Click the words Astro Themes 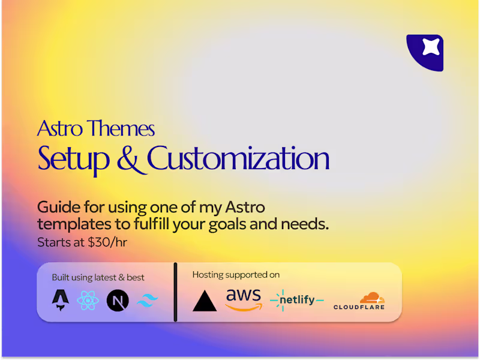point(96,128)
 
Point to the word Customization point(238,159)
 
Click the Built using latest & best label point(98,277)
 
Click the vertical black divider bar point(175,291)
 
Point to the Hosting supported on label point(236,275)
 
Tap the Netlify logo point(296,299)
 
